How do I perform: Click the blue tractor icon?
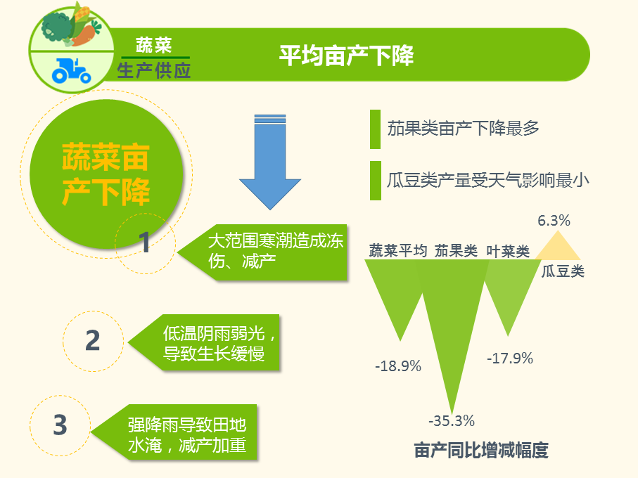coord(71,71)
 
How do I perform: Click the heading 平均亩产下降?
coord(346,56)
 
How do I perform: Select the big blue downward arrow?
coord(270,162)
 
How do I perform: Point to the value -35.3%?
coord(452,420)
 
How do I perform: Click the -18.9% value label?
coord(398,366)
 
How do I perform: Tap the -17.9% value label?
coord(510,358)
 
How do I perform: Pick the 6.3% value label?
coord(554,220)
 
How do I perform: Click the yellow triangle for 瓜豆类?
coord(557,245)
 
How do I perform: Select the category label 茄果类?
coord(456,251)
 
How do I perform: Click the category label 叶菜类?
coord(508,251)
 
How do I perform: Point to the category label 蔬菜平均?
coord(398,250)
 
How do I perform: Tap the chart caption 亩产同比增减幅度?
coord(481,451)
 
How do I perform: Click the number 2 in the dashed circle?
coord(93,341)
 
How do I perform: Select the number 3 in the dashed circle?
coord(60,425)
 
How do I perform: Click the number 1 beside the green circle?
coord(144,243)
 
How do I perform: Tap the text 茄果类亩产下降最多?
coord(463,129)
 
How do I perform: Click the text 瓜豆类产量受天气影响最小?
coord(488,180)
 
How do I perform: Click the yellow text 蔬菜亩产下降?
coord(106,174)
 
